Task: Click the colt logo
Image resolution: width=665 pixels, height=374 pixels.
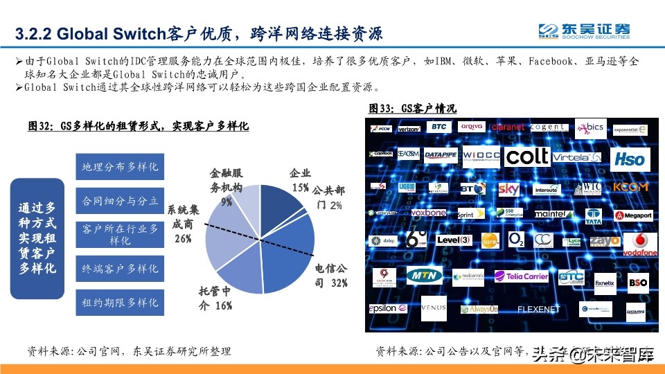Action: [528, 157]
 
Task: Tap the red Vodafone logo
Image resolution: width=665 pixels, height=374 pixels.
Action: [640, 244]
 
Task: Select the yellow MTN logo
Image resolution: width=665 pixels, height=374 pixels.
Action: [424, 276]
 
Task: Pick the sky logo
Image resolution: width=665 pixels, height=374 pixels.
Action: [508, 188]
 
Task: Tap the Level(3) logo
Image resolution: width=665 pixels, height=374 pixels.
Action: [454, 240]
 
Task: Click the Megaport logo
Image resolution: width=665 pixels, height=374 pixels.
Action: [634, 215]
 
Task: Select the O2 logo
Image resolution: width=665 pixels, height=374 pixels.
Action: [517, 240]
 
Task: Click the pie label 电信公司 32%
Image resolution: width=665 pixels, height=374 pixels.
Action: [330, 275]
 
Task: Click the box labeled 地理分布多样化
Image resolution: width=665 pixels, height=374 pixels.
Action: [120, 167]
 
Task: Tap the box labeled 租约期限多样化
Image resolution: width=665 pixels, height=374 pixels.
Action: [120, 302]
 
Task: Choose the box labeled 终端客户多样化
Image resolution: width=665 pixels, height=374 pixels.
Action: [120, 268]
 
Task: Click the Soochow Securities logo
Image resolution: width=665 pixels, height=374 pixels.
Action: [585, 31]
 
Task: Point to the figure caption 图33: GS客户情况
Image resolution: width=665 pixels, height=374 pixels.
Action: [411, 109]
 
